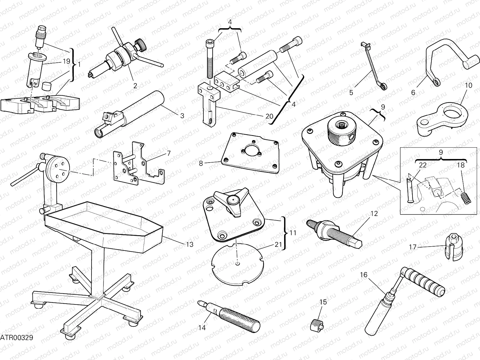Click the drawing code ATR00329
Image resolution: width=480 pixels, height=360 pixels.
16,338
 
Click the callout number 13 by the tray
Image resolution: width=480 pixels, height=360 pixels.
190,244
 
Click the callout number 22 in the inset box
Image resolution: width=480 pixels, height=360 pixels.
422,165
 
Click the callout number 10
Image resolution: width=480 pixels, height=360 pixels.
468,85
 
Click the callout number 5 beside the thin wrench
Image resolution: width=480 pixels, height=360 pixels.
351,92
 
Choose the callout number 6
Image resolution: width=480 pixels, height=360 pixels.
413,92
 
